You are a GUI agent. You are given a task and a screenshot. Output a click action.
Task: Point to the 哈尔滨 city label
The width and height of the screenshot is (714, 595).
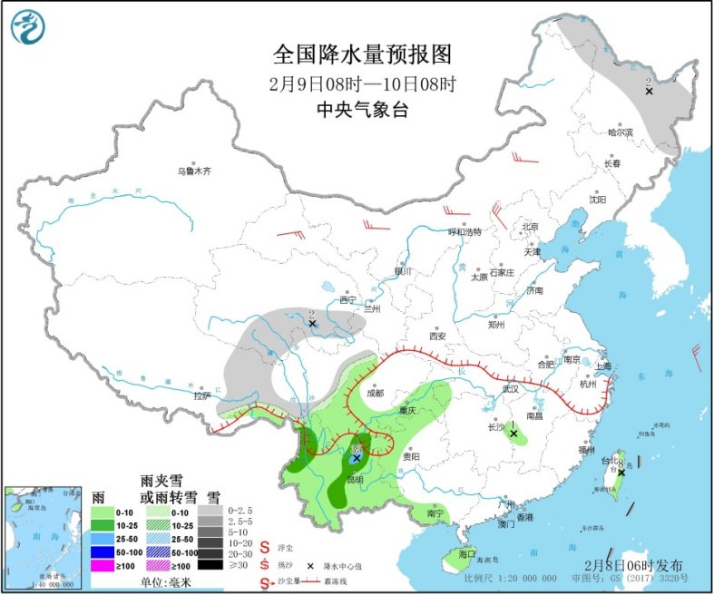[621, 132]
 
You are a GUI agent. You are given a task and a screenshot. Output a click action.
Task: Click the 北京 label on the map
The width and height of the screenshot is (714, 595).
[530, 227]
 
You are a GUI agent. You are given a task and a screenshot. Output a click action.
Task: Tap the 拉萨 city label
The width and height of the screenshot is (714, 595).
[201, 395]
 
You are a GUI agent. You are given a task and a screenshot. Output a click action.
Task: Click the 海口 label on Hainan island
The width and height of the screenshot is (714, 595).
[466, 553]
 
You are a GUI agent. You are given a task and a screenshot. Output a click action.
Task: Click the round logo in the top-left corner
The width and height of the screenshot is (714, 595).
[27, 27]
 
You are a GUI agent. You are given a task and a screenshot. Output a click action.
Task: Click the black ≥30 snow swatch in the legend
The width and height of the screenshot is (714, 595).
[209, 564]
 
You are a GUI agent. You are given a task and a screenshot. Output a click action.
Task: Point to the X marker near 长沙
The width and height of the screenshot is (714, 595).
[513, 434]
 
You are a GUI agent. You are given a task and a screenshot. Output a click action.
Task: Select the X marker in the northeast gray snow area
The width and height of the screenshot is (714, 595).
[649, 91]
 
